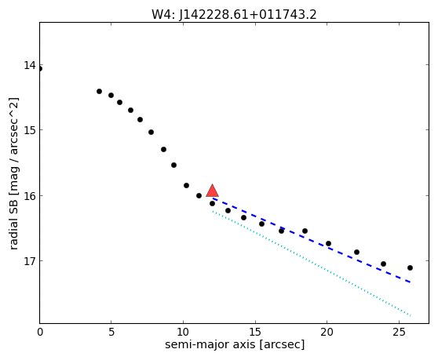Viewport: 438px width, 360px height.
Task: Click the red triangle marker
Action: [x=212, y=191]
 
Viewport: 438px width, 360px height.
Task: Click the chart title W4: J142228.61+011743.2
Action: [x=234, y=15]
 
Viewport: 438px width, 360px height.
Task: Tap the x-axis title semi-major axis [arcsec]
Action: [x=235, y=344]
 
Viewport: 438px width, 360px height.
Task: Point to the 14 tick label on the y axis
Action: [x=30, y=65]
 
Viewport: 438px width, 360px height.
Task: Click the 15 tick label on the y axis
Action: [x=30, y=130]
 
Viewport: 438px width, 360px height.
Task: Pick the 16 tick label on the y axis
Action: [x=30, y=195]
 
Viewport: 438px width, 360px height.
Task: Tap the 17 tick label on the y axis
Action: [x=30, y=261]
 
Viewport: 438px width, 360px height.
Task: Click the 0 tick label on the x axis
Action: [x=40, y=332]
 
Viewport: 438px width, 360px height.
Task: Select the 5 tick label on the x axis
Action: [x=111, y=332]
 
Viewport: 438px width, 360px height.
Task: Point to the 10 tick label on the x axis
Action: [x=183, y=332]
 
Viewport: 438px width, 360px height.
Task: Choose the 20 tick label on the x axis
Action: [x=327, y=332]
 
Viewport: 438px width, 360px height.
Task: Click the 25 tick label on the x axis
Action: [x=399, y=332]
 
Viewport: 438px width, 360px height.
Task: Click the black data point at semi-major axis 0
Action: [x=40, y=69]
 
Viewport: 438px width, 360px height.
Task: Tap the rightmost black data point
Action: [x=410, y=268]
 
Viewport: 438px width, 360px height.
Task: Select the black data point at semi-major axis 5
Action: [x=111, y=95]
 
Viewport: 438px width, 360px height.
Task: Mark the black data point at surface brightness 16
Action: [x=199, y=195]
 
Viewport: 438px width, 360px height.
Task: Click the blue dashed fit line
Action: [x=311, y=240]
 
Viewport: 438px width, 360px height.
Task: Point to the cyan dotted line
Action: [x=312, y=264]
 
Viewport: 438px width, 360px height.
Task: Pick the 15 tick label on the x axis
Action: [x=255, y=332]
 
